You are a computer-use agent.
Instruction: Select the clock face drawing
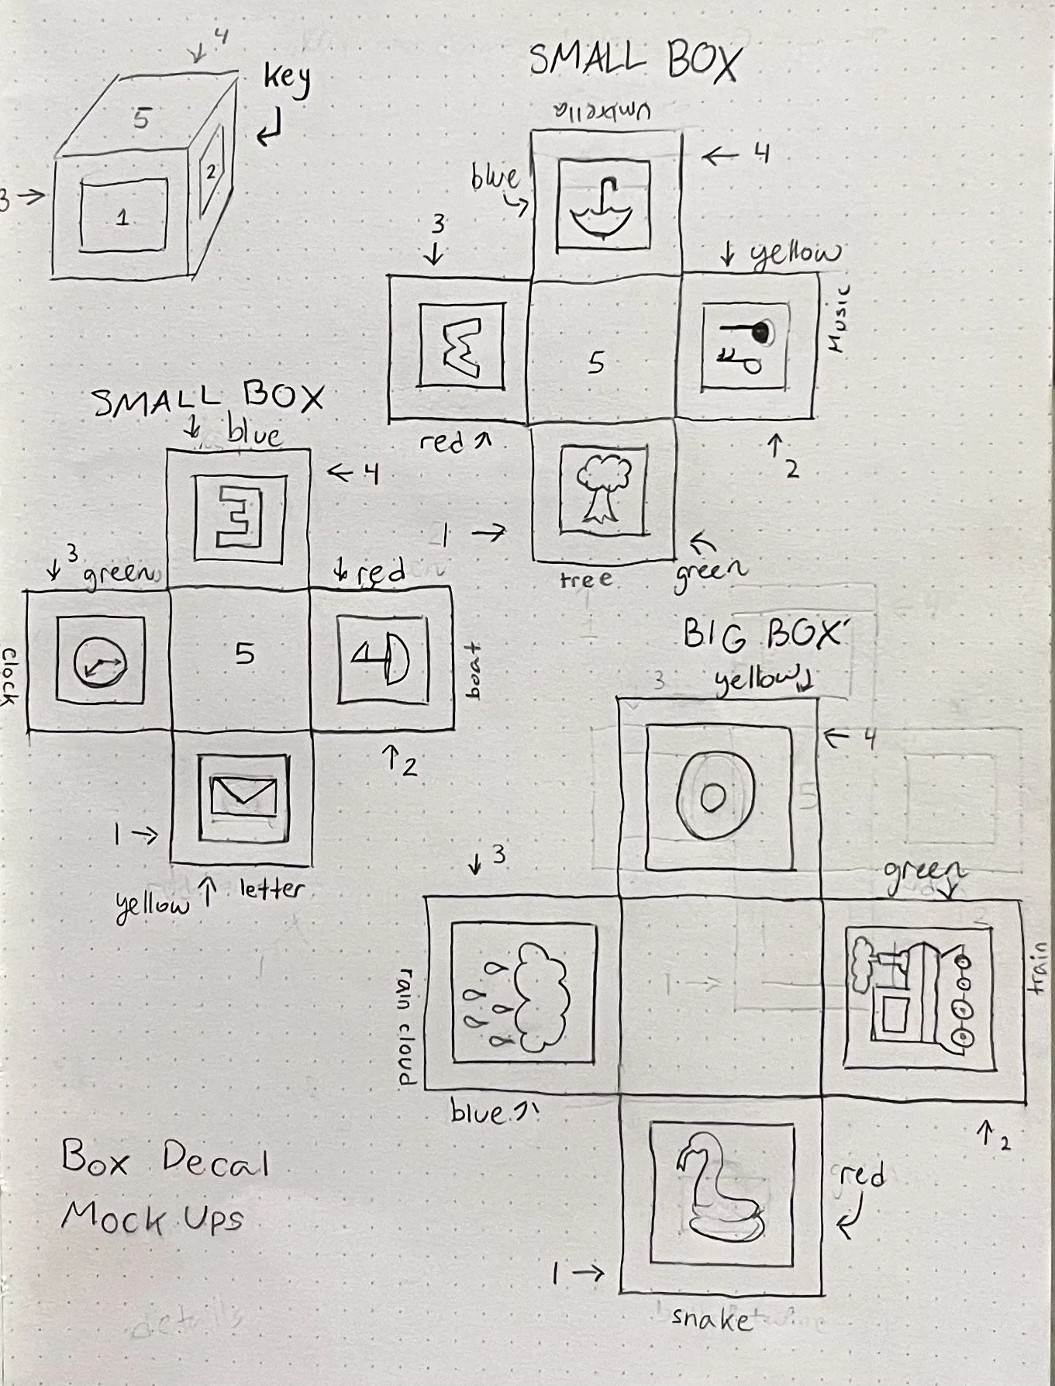tap(98, 662)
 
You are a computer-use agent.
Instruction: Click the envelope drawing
tap(243, 794)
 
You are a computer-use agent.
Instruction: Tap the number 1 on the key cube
tap(122, 218)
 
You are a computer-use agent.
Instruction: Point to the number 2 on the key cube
tap(210, 172)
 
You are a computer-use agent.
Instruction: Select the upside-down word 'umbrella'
tap(602, 111)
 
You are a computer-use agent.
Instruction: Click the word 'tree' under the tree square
tap(586, 579)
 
